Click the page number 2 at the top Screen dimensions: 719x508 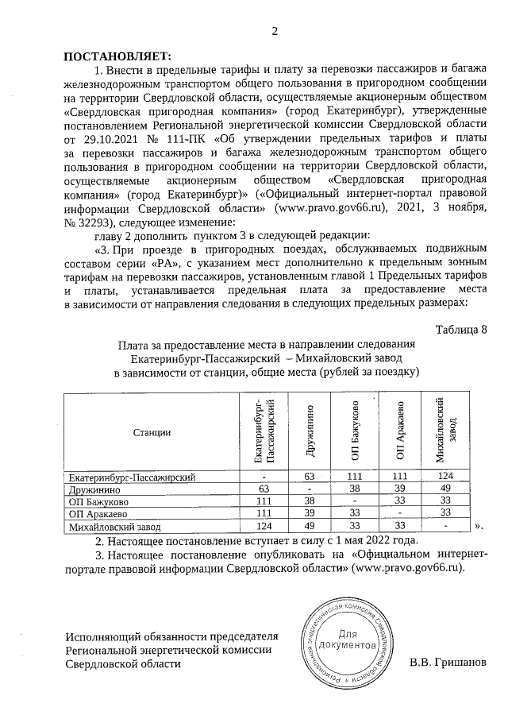[275, 32]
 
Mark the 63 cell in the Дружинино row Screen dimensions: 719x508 [265, 489]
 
